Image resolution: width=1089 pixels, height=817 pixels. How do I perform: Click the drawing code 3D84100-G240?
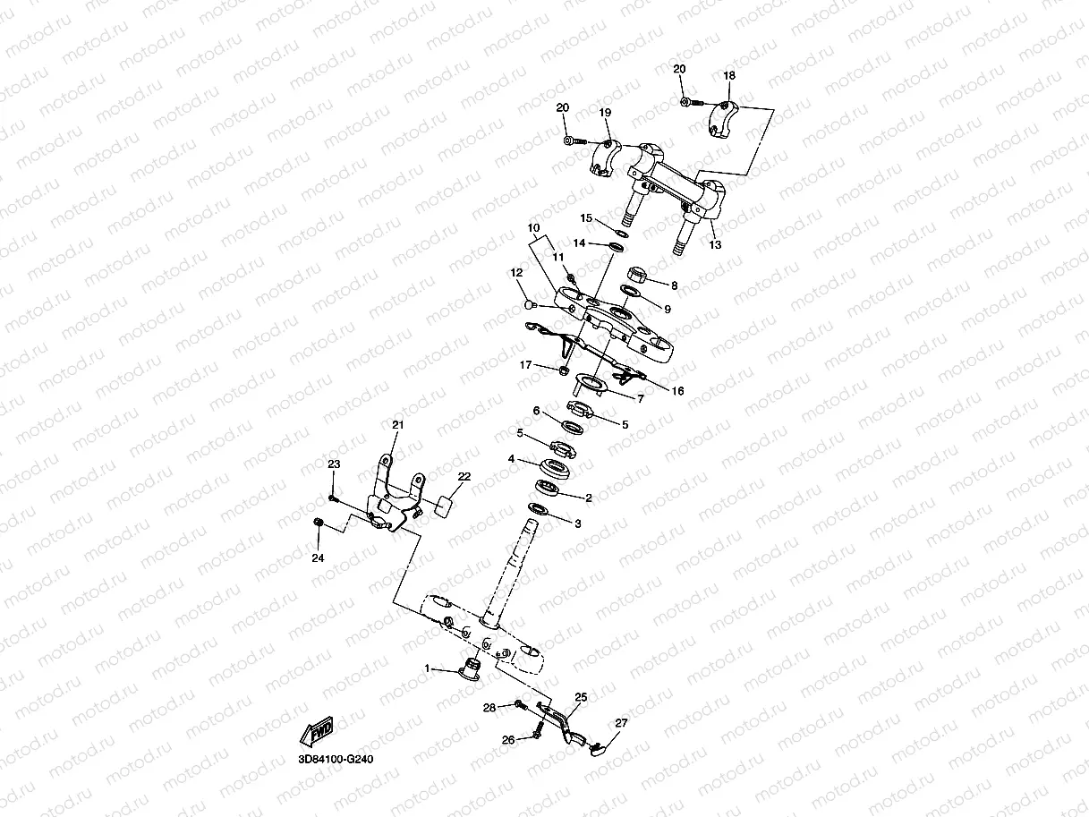click(336, 759)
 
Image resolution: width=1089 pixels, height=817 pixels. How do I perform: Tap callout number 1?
click(428, 668)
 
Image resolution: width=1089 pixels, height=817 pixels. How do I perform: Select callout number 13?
click(714, 244)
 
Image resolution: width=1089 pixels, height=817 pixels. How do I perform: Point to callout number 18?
click(728, 77)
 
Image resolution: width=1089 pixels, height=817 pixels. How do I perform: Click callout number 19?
click(605, 113)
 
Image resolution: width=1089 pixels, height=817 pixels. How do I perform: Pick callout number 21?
click(398, 424)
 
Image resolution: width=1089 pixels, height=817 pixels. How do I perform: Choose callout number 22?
click(464, 476)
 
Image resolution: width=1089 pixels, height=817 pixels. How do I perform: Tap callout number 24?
click(318, 557)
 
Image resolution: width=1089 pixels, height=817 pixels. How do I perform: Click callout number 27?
click(621, 723)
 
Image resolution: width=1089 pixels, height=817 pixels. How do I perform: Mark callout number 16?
click(677, 390)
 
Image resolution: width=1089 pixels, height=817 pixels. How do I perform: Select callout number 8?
click(674, 285)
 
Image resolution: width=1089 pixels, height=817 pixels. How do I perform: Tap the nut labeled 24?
click(318, 523)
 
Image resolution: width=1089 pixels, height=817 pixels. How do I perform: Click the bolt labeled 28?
click(520, 707)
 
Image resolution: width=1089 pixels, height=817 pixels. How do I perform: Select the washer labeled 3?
click(539, 509)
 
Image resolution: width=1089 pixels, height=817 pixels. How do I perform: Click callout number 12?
click(516, 272)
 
